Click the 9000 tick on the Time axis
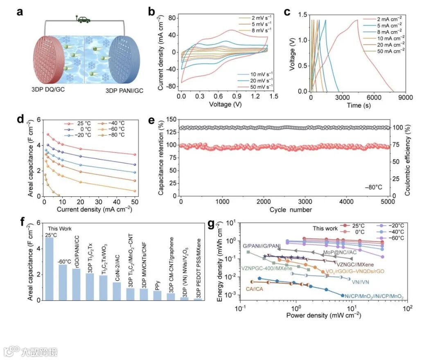tap(405, 98)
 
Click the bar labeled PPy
tap(158, 295)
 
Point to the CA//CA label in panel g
tap(255, 289)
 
